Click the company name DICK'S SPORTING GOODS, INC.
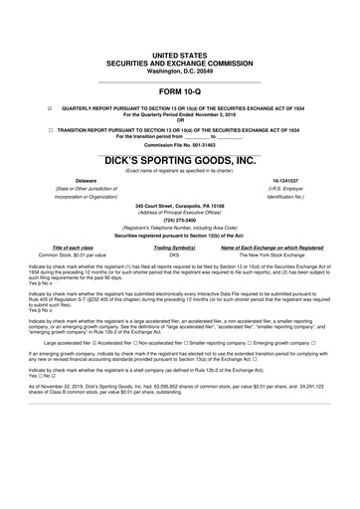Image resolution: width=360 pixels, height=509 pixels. (x=180, y=159)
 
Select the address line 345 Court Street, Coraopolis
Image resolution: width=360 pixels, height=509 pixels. (x=180, y=202)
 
